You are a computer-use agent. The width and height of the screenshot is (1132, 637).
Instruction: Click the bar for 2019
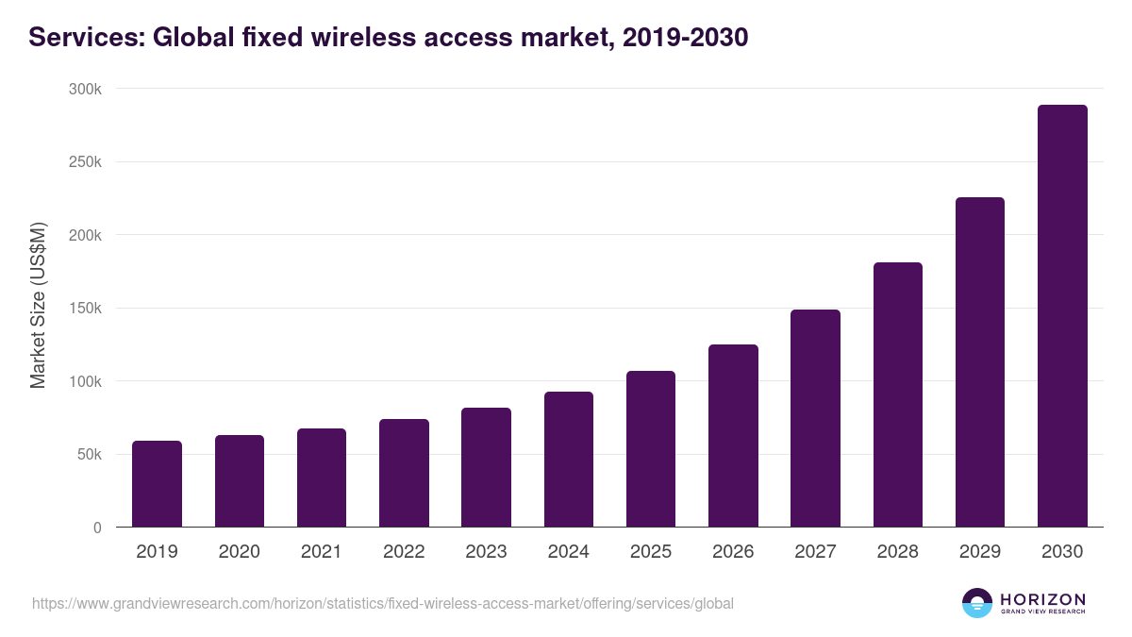[x=157, y=484]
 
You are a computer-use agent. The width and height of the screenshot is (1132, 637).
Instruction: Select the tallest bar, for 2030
[x=1062, y=316]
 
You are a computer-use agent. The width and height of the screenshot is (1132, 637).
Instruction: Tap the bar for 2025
[x=651, y=449]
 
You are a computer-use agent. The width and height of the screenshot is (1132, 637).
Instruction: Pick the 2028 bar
[x=897, y=394]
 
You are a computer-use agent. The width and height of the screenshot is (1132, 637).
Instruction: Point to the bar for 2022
[x=404, y=473]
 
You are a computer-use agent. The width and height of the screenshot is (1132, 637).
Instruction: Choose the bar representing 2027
[x=815, y=418]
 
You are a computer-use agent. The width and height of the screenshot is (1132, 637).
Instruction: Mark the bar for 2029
[x=979, y=362]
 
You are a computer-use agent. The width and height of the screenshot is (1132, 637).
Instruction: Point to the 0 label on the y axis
[x=96, y=528]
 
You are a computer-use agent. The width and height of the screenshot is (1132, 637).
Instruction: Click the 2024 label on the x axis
[x=568, y=552]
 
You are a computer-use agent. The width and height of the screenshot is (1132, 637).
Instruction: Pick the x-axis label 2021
[x=322, y=552]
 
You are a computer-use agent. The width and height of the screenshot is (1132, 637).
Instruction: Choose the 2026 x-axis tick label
[x=733, y=552]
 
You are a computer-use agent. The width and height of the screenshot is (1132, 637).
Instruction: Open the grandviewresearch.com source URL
[x=382, y=603]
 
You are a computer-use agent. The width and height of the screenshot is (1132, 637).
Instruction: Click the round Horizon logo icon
[x=976, y=603]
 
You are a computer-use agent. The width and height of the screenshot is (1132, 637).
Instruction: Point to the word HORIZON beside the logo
[x=1042, y=598]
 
